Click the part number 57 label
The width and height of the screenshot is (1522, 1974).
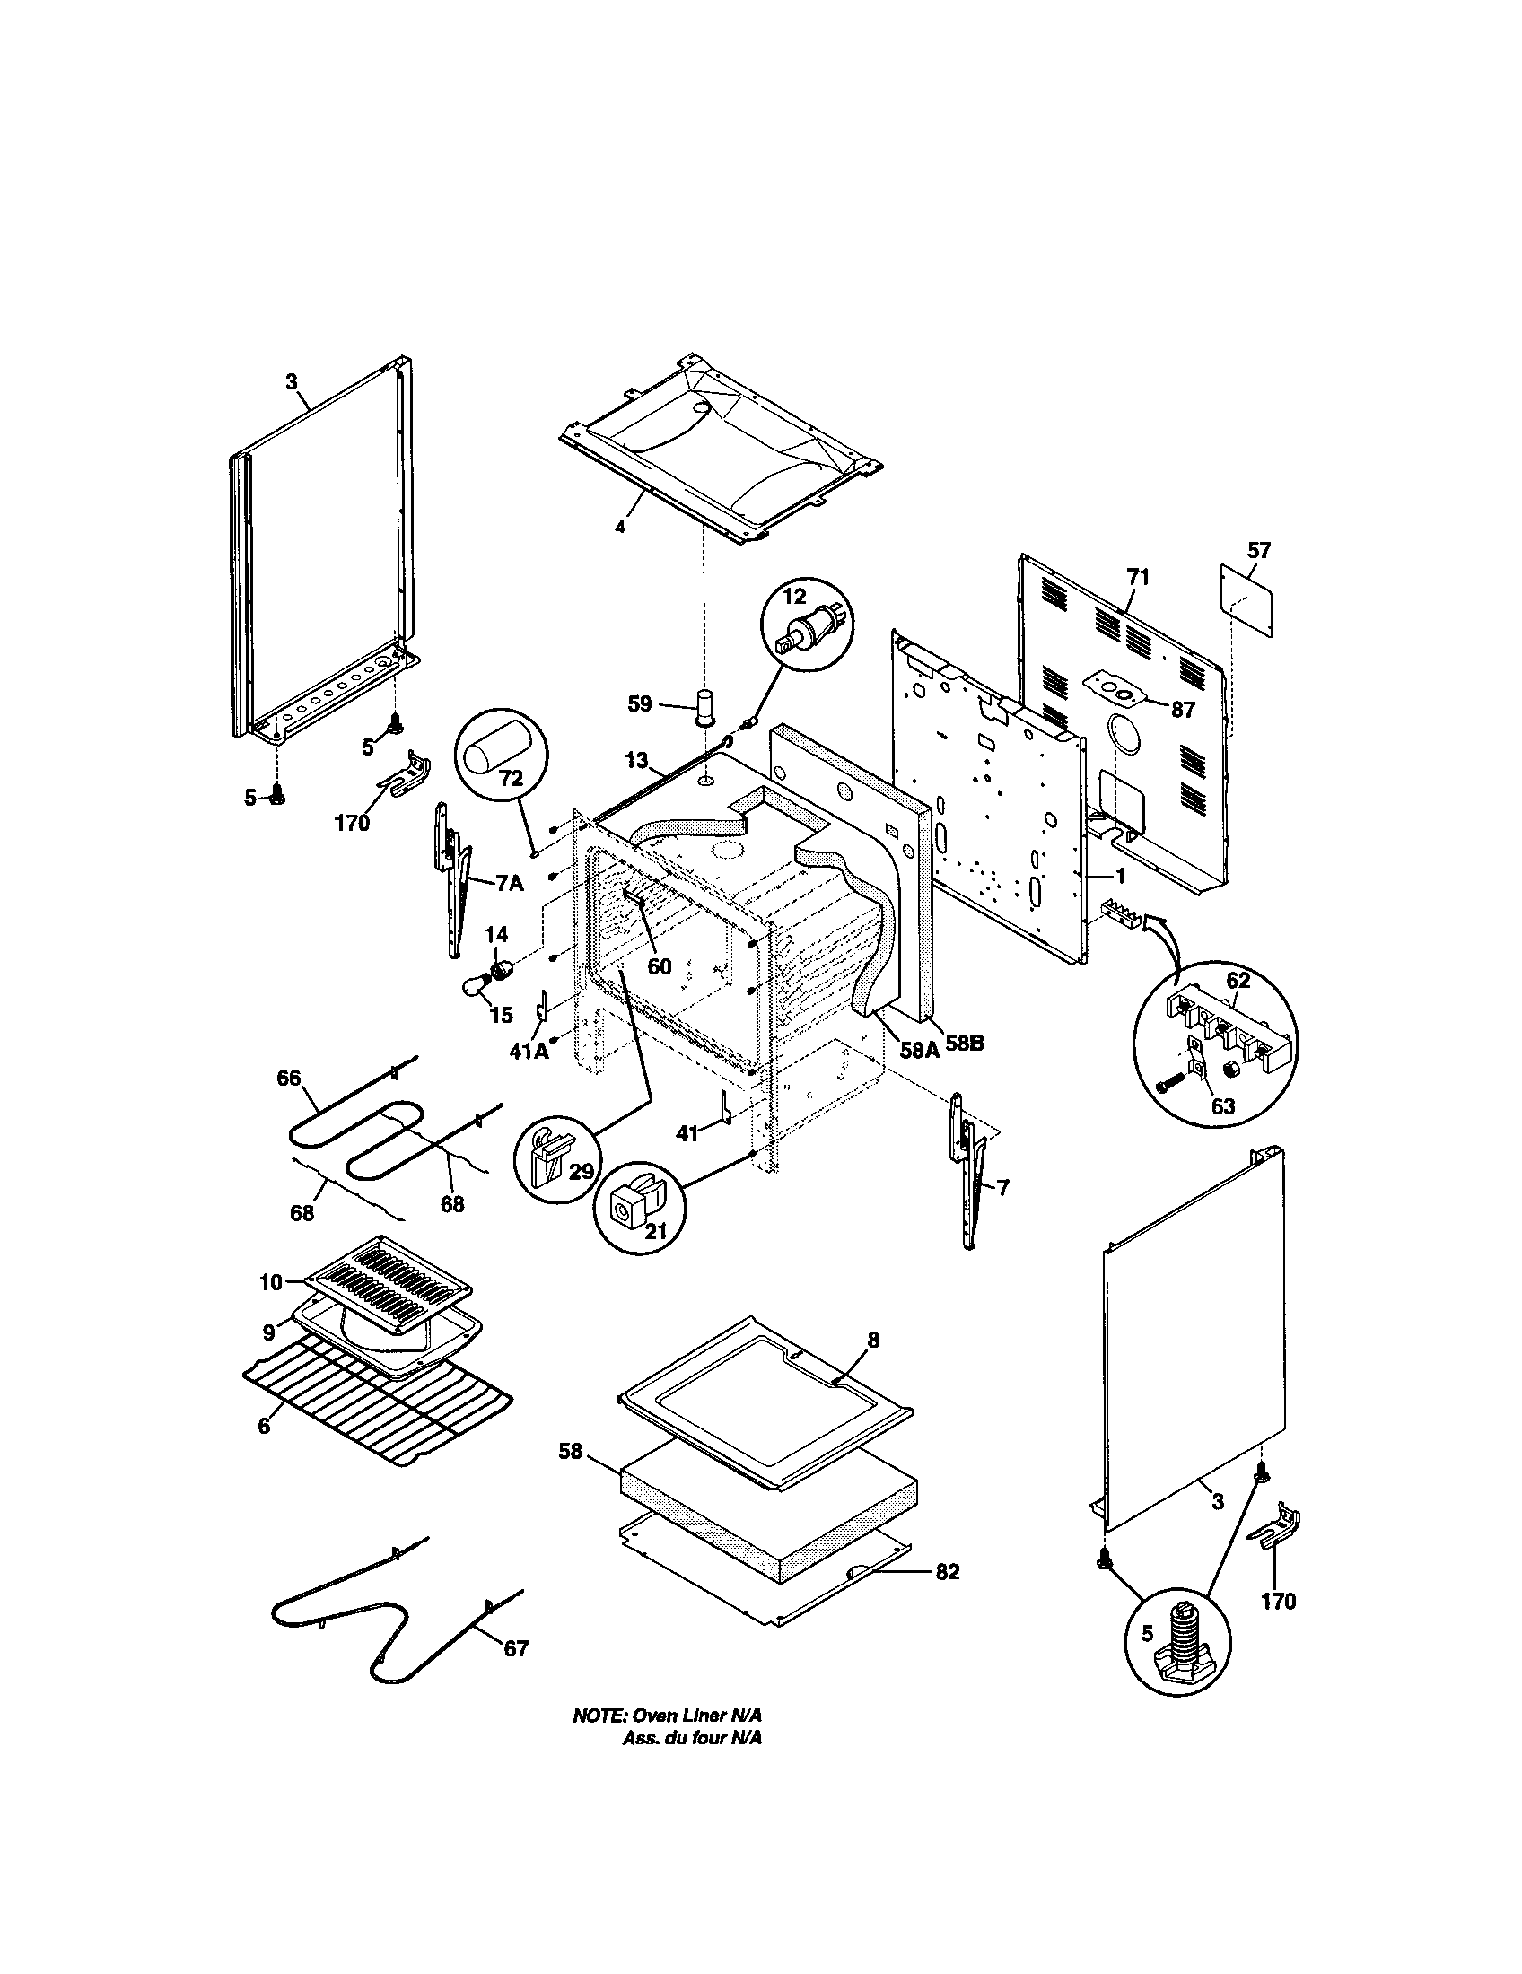(1258, 549)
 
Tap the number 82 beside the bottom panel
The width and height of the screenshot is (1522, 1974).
(947, 1572)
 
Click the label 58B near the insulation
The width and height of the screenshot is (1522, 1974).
(965, 1043)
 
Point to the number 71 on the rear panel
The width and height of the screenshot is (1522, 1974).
(1138, 577)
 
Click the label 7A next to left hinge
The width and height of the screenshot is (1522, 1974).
(509, 883)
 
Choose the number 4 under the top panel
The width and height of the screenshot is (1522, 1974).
(619, 526)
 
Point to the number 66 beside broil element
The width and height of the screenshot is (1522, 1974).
(289, 1079)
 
